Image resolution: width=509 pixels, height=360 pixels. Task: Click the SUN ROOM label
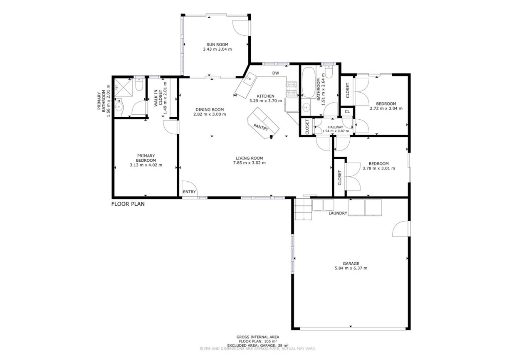pos(217,44)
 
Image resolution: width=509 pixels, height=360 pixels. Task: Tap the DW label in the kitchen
pos(275,73)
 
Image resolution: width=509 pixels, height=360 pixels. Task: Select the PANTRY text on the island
pos(261,128)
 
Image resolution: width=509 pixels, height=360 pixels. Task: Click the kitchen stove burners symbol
pos(292,89)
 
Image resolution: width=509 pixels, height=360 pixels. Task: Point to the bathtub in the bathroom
pos(309,82)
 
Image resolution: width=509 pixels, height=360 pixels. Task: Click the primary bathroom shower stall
pos(123,87)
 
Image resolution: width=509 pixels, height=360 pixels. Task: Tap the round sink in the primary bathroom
pos(119,106)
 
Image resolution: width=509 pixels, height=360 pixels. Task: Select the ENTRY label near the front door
pos(189,192)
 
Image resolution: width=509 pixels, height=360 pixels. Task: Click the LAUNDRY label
pos(338,213)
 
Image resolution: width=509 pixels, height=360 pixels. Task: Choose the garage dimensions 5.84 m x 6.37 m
pos(351,268)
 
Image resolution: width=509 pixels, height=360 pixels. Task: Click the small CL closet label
pos(347,112)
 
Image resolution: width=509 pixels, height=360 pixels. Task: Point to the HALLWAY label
pos(336,127)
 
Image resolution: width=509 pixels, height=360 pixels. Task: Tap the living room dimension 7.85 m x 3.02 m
pos(249,163)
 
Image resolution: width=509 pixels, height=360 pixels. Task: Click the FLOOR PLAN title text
pos(128,204)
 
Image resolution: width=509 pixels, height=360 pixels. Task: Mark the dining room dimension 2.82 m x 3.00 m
pos(210,114)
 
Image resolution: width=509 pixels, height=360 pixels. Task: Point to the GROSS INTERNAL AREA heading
pos(258,337)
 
